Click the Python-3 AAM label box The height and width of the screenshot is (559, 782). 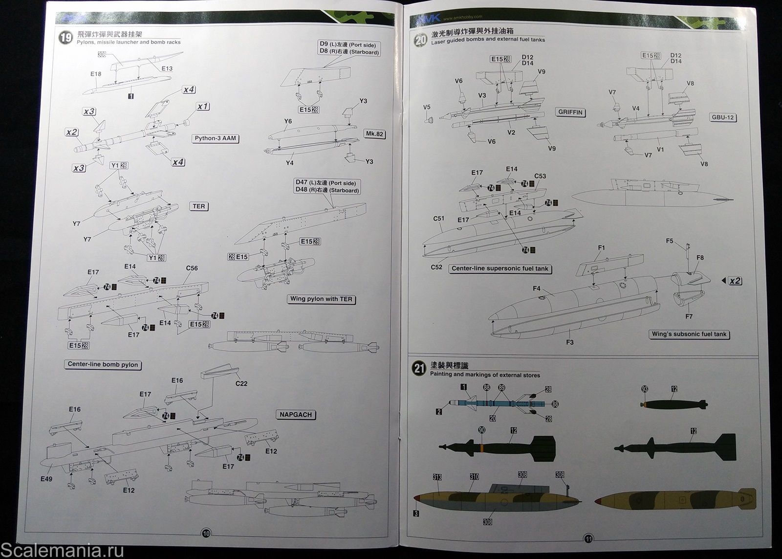tap(216, 138)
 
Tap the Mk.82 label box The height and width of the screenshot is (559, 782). tap(374, 134)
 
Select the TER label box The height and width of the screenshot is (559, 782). tap(199, 206)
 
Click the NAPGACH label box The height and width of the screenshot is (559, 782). tap(296, 415)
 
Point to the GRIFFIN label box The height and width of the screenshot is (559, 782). tap(570, 112)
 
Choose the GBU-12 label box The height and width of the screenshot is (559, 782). tap(723, 117)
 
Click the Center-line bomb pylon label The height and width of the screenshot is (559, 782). tap(103, 364)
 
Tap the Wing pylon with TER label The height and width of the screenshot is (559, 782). tap(321, 299)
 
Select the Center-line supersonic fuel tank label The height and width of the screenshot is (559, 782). tap(500, 268)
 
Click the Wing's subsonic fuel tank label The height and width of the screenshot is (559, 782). tap(689, 334)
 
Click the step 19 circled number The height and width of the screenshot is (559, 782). tap(65, 38)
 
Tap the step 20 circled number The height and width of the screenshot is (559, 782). tap(420, 40)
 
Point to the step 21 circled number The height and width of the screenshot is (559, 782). tap(419, 368)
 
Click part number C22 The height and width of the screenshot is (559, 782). tap(241, 383)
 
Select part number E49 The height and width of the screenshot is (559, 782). tap(46, 479)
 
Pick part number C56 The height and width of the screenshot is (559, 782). tap(192, 268)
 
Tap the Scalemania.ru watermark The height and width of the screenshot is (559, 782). tap(62, 550)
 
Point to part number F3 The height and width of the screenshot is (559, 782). tap(569, 342)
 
